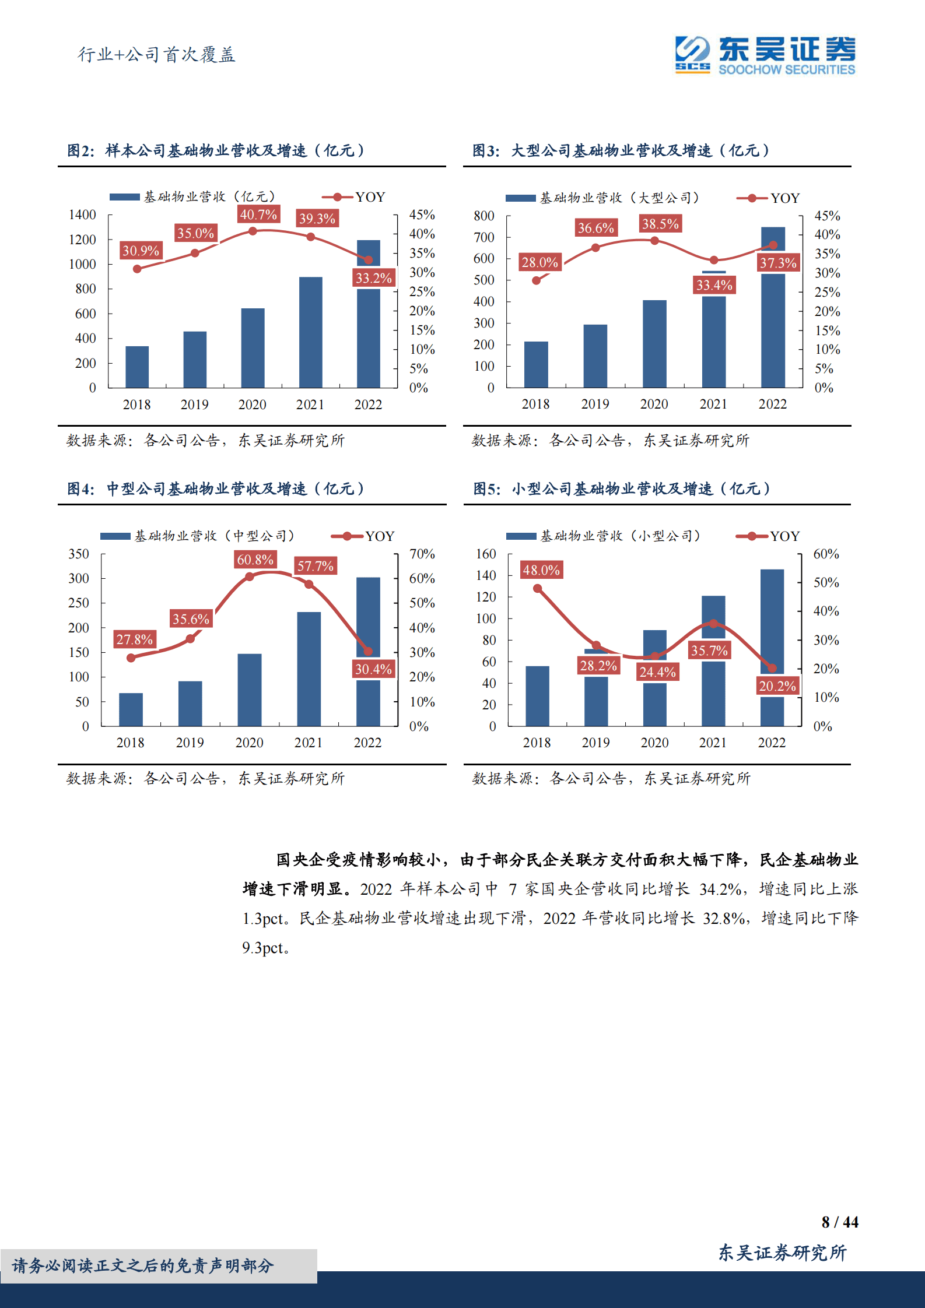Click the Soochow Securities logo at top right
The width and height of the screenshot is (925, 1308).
[x=765, y=55]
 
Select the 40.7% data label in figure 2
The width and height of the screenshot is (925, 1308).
[x=258, y=215]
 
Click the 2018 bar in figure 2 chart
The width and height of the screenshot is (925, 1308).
[x=137, y=367]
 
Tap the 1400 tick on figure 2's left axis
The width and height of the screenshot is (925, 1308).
[x=82, y=215]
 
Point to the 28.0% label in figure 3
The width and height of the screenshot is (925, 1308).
[x=539, y=262]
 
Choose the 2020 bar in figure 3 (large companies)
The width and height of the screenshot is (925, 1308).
[x=654, y=343]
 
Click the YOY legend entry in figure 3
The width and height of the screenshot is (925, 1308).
[x=769, y=198]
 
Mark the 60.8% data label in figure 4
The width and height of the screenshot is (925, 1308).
[x=255, y=560]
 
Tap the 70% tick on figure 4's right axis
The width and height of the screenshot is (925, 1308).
[x=422, y=554]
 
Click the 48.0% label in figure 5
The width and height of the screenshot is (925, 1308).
[x=541, y=570]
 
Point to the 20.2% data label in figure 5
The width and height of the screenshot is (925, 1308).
[x=777, y=686]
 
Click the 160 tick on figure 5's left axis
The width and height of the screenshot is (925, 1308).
[x=486, y=554]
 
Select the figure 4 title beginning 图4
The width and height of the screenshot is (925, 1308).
[x=215, y=488]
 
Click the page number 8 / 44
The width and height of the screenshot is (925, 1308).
[x=839, y=1222]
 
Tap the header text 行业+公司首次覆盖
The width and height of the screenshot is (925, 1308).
[x=156, y=55]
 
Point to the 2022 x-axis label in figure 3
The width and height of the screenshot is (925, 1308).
[x=772, y=404]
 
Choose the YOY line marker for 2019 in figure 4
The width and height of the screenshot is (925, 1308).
[x=190, y=639]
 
